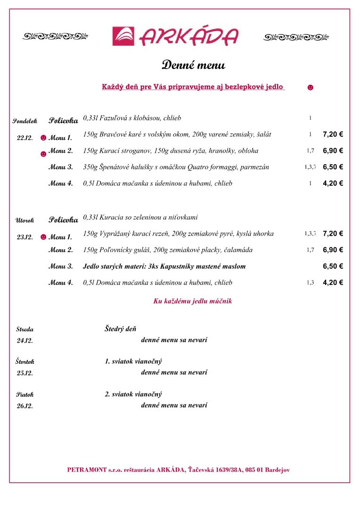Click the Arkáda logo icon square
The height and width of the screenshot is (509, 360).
[123, 36]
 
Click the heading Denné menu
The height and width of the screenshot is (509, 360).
[193, 65]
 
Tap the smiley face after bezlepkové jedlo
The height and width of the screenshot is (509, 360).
[310, 87]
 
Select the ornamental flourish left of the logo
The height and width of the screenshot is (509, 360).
[56, 36]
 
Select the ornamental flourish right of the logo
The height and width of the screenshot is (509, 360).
[296, 37]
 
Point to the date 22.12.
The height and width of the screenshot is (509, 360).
[25, 138]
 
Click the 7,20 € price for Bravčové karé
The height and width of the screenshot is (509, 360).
[333, 134]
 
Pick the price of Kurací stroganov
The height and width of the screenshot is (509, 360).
[333, 151]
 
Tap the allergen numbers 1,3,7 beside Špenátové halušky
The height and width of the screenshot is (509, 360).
[310, 167]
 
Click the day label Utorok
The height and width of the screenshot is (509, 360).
[25, 220]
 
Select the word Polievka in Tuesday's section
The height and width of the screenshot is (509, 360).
[64, 220]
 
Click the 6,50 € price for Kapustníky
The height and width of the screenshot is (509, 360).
[333, 266]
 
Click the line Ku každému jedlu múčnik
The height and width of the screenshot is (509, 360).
[192, 301]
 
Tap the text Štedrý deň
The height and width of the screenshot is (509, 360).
[120, 329]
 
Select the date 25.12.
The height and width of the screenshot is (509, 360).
[25, 373]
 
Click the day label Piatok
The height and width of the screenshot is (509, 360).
[25, 394]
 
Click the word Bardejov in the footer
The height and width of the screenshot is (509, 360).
[278, 469]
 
